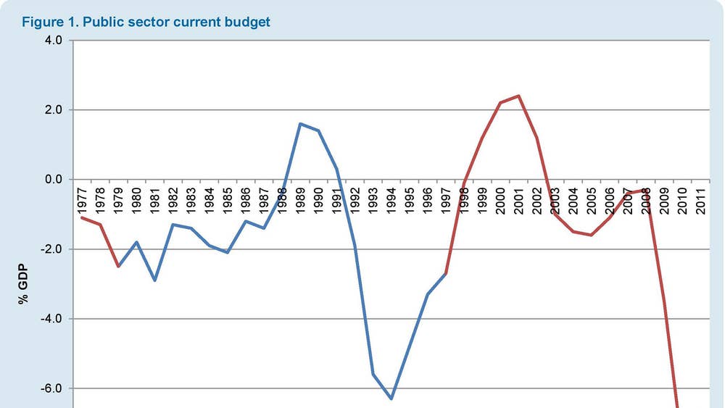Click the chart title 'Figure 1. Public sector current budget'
[x=146, y=22]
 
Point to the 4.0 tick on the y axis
[x=55, y=41]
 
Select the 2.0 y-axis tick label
[x=55, y=110]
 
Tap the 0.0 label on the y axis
[x=55, y=179]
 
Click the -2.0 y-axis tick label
[x=53, y=249]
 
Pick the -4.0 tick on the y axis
[x=53, y=319]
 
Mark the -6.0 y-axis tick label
[x=53, y=388]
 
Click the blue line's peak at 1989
[x=300, y=124]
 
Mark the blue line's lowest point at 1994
[x=391, y=399]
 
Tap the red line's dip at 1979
[x=118, y=266]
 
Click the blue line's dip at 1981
[x=154, y=280]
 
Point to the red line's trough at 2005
[x=592, y=235]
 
